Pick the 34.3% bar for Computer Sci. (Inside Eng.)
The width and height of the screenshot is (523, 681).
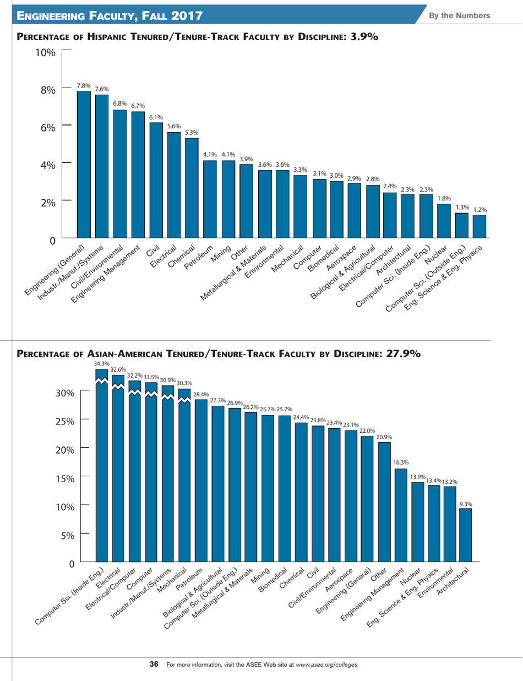[x=102, y=468]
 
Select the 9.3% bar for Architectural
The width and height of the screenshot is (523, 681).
[x=466, y=534]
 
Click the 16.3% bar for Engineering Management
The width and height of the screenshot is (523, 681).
[x=401, y=515]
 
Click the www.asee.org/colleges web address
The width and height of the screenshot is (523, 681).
[x=326, y=664]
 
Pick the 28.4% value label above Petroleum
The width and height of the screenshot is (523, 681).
[x=201, y=394]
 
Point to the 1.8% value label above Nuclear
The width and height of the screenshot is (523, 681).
[x=444, y=198]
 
